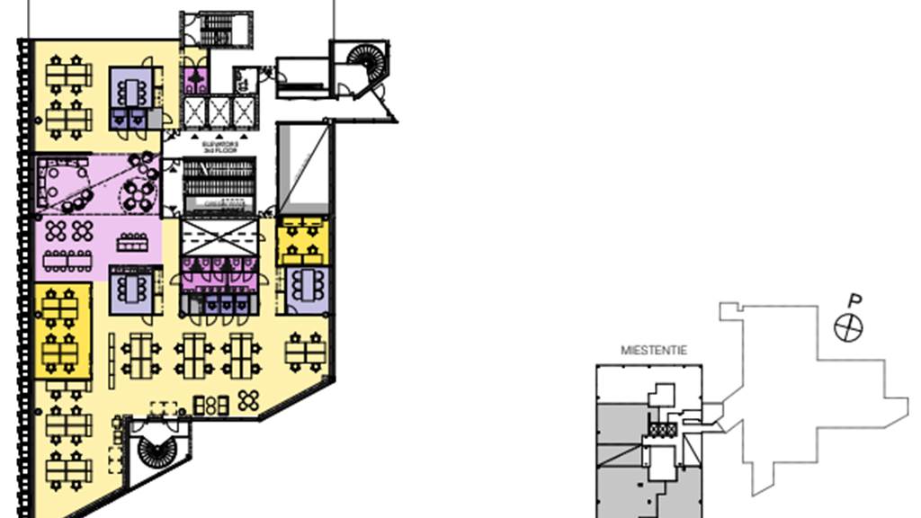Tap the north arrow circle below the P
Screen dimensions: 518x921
point(848,328)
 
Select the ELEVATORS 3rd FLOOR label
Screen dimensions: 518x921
point(219,146)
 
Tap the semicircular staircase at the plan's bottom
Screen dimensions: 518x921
point(157,447)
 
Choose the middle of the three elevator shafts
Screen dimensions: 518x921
point(219,112)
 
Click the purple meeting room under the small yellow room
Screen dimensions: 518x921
point(306,289)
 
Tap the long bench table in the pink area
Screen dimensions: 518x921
point(131,243)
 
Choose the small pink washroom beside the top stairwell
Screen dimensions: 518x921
point(195,79)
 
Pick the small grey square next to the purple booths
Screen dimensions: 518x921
point(155,119)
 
